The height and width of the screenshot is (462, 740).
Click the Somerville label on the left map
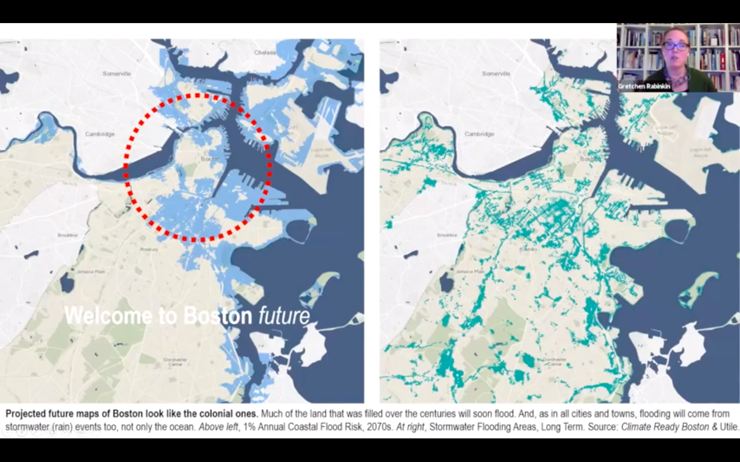(x=117, y=74)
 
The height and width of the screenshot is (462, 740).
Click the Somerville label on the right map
(x=496, y=74)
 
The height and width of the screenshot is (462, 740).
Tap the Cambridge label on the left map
(x=100, y=134)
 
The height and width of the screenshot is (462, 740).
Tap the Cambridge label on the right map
(x=479, y=134)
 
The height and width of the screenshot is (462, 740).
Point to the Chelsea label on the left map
(x=265, y=52)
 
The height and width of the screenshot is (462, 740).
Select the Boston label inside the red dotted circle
(x=210, y=159)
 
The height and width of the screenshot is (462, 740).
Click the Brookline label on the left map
(x=67, y=235)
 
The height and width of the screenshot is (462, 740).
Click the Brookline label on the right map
(x=447, y=235)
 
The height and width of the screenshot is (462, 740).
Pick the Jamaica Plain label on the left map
(x=90, y=272)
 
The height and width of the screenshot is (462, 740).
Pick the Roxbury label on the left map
(x=149, y=249)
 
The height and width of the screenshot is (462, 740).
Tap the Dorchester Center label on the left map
(x=175, y=362)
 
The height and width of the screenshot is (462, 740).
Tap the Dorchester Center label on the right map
(x=554, y=362)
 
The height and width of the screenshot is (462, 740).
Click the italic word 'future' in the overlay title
(x=284, y=316)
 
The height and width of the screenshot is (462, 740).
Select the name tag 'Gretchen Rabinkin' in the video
(x=644, y=86)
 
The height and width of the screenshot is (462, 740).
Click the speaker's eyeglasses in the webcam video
(x=675, y=46)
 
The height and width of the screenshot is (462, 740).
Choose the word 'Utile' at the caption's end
(x=729, y=427)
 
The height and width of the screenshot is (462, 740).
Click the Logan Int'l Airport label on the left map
(x=321, y=152)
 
